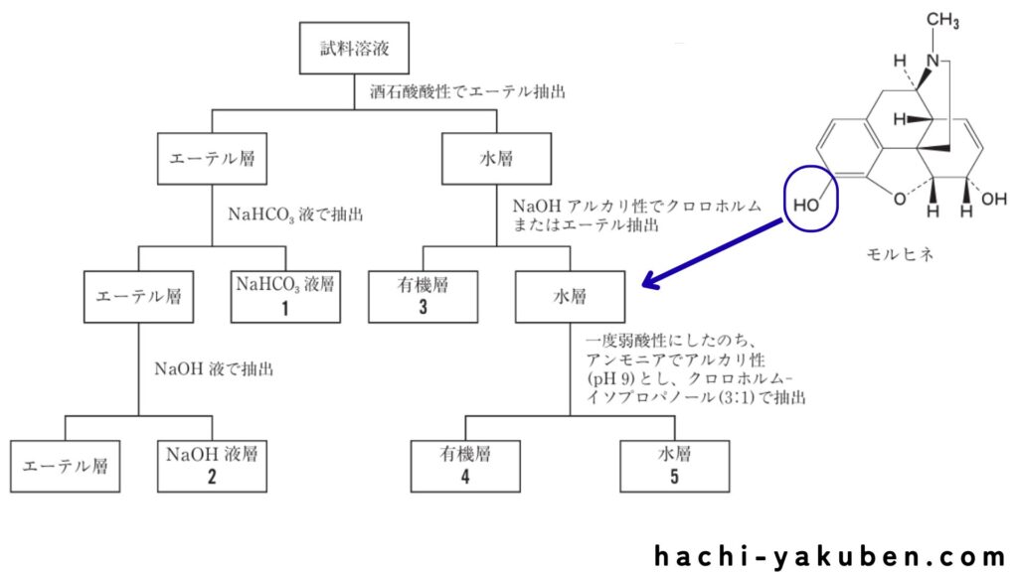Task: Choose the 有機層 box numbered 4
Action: pyautogui.click(x=466, y=464)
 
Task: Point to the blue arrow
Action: pyautogui.click(x=716, y=253)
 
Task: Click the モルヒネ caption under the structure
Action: pyautogui.click(x=901, y=253)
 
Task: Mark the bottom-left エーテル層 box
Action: pyautogui.click(x=66, y=464)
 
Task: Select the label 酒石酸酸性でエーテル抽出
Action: pyautogui.click(x=467, y=91)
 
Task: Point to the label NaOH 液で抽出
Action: pyautogui.click(x=214, y=368)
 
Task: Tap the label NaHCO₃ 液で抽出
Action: pyautogui.click(x=297, y=213)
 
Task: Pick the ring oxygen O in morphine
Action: pyautogui.click(x=899, y=199)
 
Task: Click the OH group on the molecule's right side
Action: pyautogui.click(x=993, y=199)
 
